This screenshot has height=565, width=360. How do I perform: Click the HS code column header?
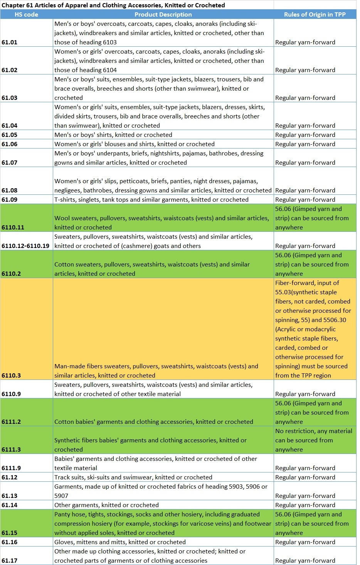pyautogui.click(x=26, y=15)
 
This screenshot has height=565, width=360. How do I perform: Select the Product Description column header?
pyautogui.click(x=163, y=15)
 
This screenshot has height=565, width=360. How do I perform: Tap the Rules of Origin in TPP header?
pyautogui.click(x=315, y=15)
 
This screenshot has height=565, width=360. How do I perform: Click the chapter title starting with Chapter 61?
pyautogui.click(x=113, y=5)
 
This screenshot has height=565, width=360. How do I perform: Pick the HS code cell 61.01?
pyautogui.click(x=10, y=42)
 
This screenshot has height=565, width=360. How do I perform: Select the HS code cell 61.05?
pyautogui.click(x=10, y=135)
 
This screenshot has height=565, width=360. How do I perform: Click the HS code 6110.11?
pyautogui.click(x=13, y=228)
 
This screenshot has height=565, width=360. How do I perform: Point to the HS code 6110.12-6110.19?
pyautogui.click(x=25, y=246)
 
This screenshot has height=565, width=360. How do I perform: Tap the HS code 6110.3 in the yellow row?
pyautogui.click(x=12, y=376)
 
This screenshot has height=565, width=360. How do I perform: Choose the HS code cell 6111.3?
pyautogui.click(x=12, y=450)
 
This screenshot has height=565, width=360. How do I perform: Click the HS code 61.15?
pyautogui.click(x=10, y=533)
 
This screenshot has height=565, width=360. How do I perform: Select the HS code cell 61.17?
pyautogui.click(x=10, y=561)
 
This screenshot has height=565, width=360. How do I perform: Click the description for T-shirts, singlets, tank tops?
pyautogui.click(x=151, y=200)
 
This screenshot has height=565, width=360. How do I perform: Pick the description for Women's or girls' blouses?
pyautogui.click(x=135, y=144)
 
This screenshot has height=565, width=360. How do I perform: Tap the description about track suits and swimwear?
pyautogui.click(x=133, y=477)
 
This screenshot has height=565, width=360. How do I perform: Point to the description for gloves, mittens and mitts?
pyautogui.click(x=120, y=542)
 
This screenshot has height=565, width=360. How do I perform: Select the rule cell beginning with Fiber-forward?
pyautogui.click(x=313, y=329)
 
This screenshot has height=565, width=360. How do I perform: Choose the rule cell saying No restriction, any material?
pyautogui.click(x=314, y=440)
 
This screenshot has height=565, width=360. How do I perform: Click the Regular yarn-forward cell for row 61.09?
pyautogui.click(x=305, y=200)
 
